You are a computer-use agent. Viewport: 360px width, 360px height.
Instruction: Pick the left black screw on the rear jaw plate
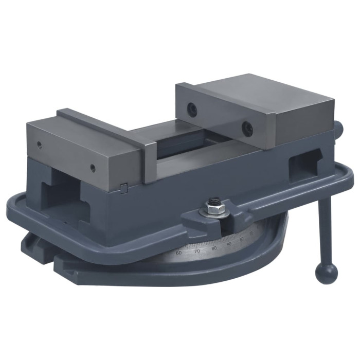192,108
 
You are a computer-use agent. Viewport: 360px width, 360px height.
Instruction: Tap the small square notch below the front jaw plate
123,188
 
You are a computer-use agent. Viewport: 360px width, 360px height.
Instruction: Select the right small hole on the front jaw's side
93,168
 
